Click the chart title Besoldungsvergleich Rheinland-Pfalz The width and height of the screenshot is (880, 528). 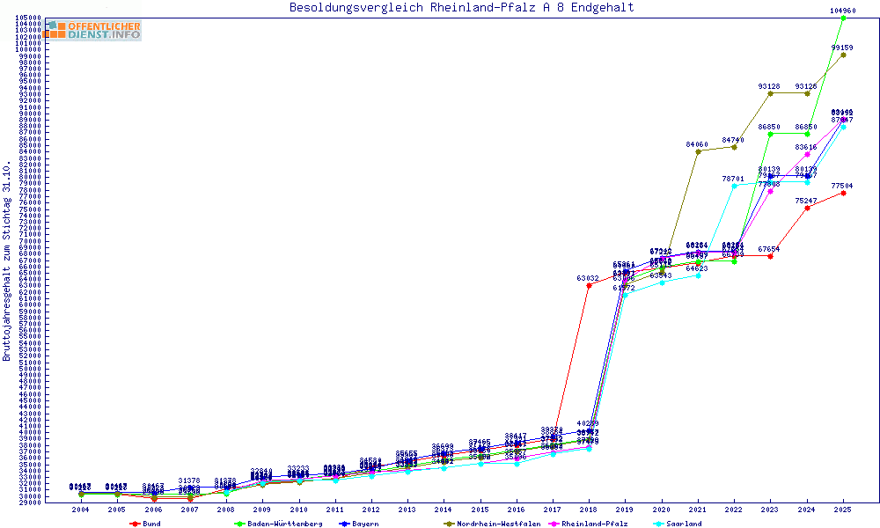[461, 8]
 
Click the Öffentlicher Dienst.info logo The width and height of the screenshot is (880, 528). [93, 30]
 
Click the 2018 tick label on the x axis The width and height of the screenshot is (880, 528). [589, 510]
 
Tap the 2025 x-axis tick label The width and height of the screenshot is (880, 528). [843, 510]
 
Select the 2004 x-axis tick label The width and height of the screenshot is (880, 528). [80, 510]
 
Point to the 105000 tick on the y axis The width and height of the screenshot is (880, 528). [28, 18]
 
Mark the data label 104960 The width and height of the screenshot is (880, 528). [843, 11]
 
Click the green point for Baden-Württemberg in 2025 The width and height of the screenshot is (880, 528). [843, 18]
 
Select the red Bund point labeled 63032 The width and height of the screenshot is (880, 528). [589, 285]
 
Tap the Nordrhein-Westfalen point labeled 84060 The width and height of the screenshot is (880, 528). [698, 151]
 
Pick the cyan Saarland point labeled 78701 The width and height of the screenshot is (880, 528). [734, 186]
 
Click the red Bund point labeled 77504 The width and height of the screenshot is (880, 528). [843, 193]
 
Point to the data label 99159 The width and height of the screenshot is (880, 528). [843, 48]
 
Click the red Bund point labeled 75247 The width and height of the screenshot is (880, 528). [807, 208]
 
